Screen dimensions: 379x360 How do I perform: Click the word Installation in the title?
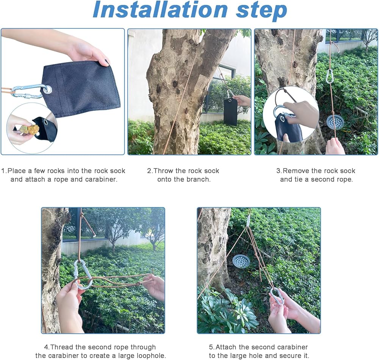[x=160, y=10]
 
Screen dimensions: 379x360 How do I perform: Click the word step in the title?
[x=262, y=11]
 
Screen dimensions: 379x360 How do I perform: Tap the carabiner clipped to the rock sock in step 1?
[x=28, y=91]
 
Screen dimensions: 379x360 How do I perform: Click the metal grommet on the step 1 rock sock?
[x=48, y=90]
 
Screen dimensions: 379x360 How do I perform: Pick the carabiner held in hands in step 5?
[x=277, y=296]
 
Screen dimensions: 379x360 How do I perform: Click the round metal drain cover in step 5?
[x=241, y=261]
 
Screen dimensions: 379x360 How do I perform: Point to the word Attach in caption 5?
[x=226, y=347]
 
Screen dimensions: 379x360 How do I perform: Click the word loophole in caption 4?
[x=151, y=356]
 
